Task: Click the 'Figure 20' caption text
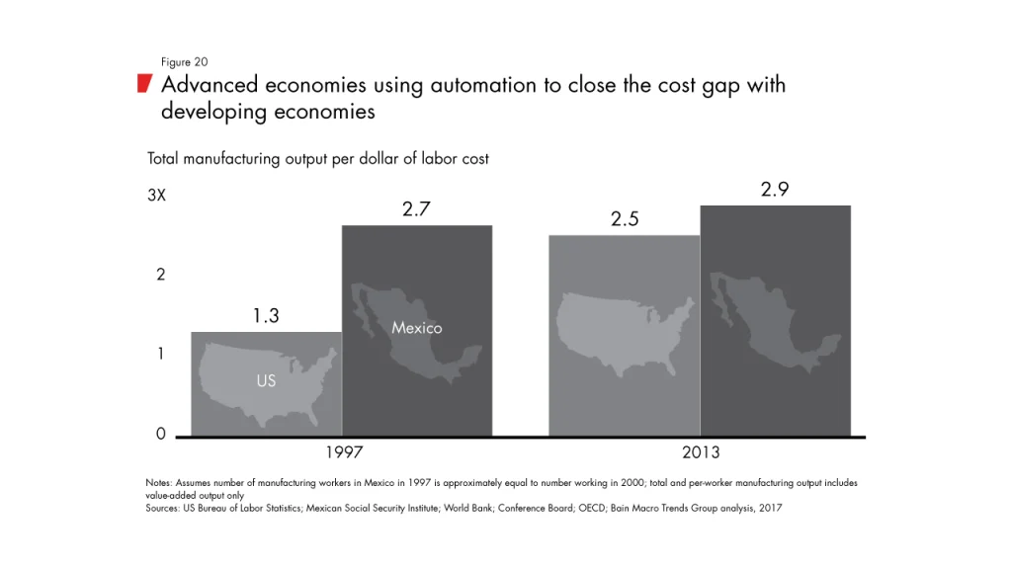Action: pos(184,62)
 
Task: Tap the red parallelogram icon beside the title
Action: pos(144,83)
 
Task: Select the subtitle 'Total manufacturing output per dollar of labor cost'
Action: pos(317,158)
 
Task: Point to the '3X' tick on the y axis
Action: pos(156,196)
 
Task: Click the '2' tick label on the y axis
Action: pos(160,276)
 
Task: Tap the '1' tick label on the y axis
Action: pos(160,355)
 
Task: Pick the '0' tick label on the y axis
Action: pos(160,434)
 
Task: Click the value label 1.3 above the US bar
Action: pos(266,316)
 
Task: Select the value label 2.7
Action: pos(416,209)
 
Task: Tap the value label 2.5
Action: pos(625,220)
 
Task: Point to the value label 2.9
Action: pos(775,190)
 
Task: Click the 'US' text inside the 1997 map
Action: pos(266,380)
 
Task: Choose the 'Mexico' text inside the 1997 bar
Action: pos(416,328)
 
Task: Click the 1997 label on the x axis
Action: pos(344,452)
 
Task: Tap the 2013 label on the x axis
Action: pos(701,452)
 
